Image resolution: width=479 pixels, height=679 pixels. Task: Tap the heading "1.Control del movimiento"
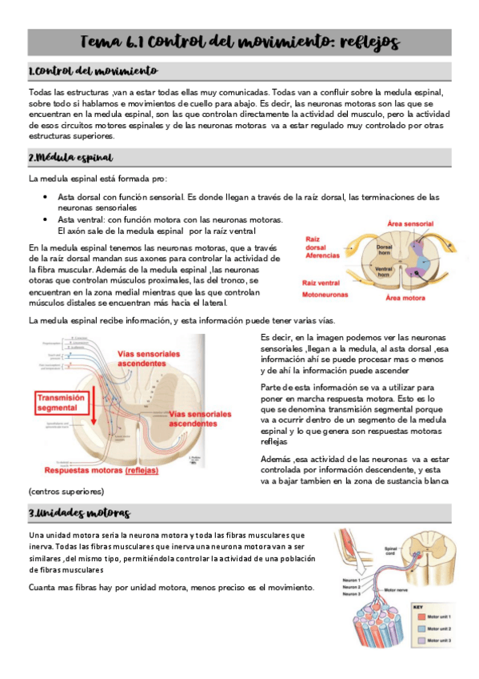93,72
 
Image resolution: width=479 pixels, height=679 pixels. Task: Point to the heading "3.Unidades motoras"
78,512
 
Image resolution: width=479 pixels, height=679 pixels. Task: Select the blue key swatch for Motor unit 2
418,629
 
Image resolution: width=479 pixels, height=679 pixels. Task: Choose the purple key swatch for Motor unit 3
418,641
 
